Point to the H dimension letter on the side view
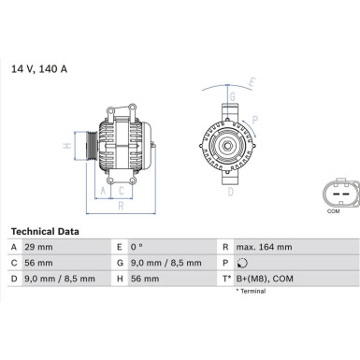(x=65, y=146)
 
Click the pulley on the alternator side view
(x=87, y=147)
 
